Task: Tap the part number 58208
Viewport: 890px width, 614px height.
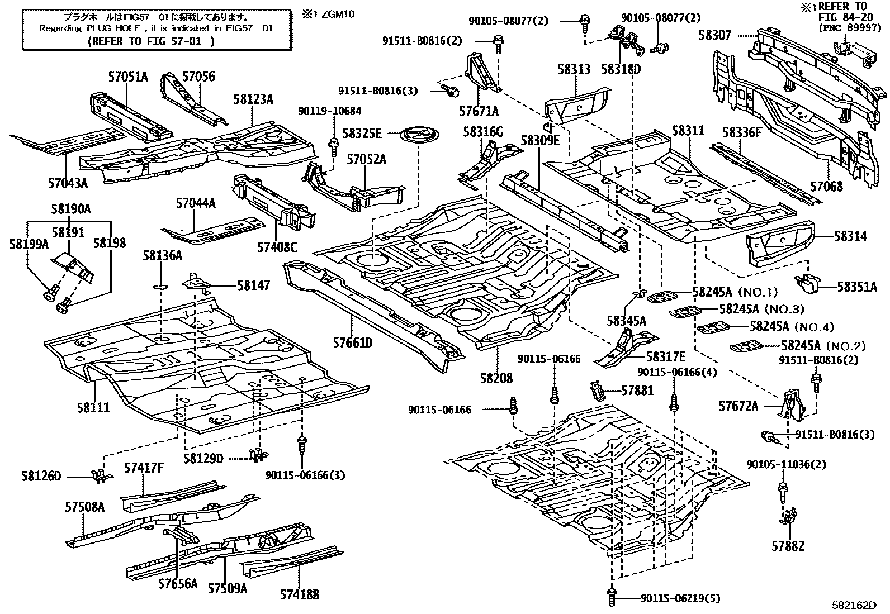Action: coord(495,379)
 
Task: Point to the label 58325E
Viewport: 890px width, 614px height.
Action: coord(362,133)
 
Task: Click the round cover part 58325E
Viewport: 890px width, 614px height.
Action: coord(419,136)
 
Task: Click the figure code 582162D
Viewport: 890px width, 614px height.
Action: coord(854,605)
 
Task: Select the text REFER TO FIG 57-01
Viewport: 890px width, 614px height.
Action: coord(152,41)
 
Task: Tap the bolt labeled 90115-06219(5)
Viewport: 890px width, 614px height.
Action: coord(612,598)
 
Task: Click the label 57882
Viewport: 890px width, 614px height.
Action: coord(788,546)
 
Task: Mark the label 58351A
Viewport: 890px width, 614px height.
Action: coord(857,287)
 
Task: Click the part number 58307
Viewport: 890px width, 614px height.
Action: coord(714,36)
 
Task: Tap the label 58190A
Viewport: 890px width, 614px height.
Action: coord(70,209)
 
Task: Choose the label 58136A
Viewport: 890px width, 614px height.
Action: coord(162,255)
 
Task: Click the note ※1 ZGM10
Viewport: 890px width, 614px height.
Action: coord(337,13)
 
